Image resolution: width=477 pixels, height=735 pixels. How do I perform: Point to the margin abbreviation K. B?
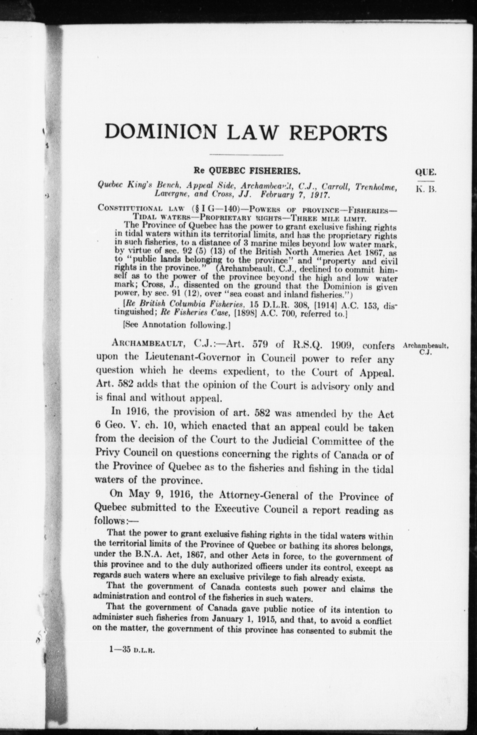tap(425, 190)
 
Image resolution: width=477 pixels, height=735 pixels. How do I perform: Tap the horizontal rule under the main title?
tap(246, 155)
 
